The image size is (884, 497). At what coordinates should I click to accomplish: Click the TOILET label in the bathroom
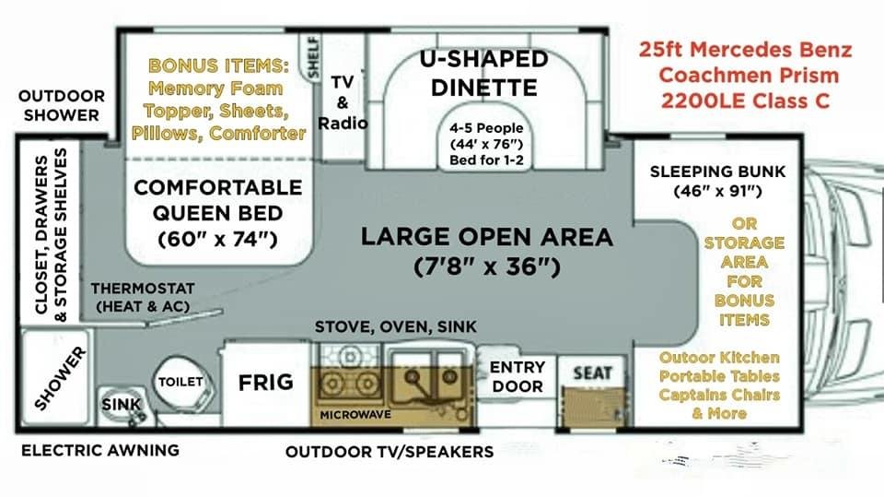[180, 382]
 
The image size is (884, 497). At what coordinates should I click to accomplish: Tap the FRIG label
[265, 383]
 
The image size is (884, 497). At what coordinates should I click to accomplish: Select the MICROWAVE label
[355, 415]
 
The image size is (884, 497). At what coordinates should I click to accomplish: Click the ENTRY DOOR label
[517, 377]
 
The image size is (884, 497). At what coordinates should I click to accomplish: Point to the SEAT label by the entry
[592, 373]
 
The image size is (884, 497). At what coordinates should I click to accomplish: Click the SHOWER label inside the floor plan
[61, 378]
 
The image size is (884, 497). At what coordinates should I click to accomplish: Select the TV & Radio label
[343, 102]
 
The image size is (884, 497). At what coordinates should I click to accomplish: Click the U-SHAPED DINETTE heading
[483, 73]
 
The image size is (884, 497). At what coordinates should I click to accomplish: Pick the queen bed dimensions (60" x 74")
[217, 239]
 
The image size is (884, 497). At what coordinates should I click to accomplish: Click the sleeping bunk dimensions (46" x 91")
[717, 191]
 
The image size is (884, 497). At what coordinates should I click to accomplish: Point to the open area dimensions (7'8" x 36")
[487, 266]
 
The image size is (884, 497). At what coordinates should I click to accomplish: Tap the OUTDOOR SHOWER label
[62, 105]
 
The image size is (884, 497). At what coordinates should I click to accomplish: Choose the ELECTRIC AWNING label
[100, 450]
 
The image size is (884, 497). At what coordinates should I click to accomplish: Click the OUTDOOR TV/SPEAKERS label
[390, 452]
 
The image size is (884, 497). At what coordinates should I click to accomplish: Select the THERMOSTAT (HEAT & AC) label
[143, 297]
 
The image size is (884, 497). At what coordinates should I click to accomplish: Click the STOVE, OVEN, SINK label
[395, 326]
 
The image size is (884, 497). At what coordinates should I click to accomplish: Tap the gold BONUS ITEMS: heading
[219, 65]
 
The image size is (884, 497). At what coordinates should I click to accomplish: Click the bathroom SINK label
[122, 405]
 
